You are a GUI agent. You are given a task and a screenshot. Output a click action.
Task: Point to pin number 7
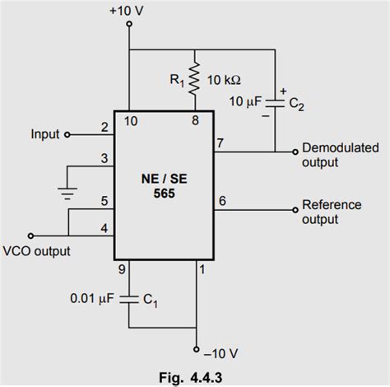pyautogui.click(x=220, y=144)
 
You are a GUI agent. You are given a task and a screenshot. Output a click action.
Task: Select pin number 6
pyautogui.click(x=221, y=200)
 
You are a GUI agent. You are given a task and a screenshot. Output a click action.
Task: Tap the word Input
pyautogui.click(x=45, y=133)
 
